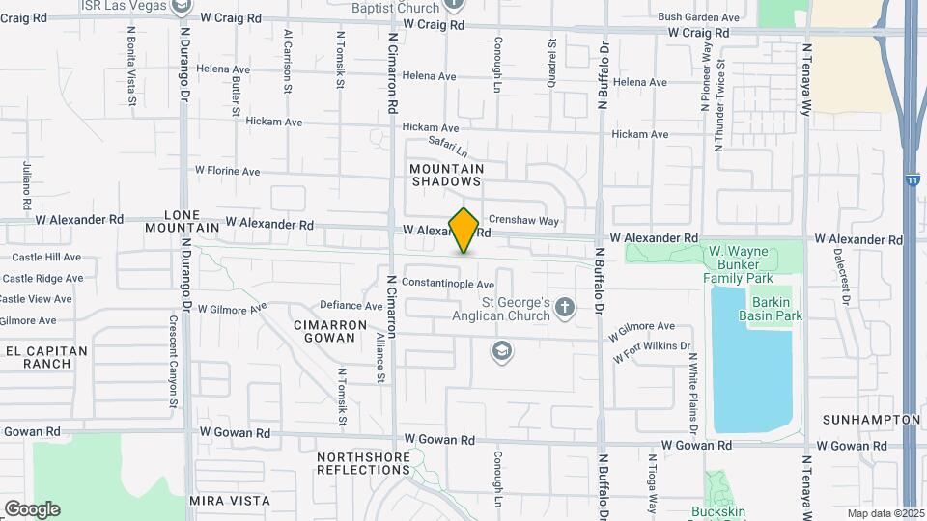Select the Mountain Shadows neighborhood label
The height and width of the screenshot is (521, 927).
(446, 175)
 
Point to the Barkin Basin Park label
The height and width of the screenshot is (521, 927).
(771, 309)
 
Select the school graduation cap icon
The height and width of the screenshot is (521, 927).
(501, 351)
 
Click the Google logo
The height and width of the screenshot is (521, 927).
(32, 508)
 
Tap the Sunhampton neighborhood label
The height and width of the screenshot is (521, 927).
(870, 420)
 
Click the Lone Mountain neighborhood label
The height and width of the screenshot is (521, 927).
(182, 221)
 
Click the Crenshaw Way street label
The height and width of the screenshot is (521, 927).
(523, 221)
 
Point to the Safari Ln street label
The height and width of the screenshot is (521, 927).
(448, 149)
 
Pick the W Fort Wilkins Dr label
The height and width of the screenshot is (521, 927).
(653, 351)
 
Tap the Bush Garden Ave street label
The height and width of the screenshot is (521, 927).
(698, 17)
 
